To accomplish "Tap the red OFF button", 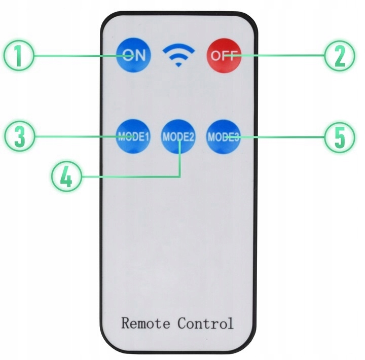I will click(x=223, y=55).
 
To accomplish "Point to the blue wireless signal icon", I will click(x=178, y=55).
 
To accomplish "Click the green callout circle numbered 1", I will click(x=18, y=56).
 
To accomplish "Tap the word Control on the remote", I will click(x=205, y=323).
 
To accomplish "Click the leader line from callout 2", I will click(x=284, y=56).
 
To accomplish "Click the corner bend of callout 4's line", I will click(x=180, y=176).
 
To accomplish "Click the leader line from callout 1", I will click(x=76, y=56).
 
